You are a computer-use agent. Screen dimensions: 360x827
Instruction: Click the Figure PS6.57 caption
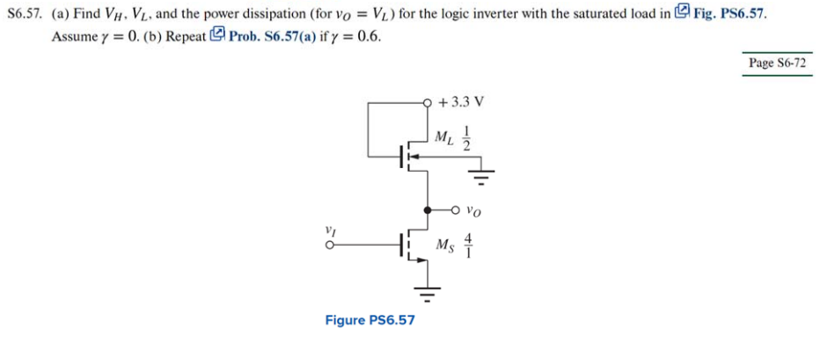[370, 320]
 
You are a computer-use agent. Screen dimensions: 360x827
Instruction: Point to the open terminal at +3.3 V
[428, 101]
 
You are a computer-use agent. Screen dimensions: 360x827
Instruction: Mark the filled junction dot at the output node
[428, 211]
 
